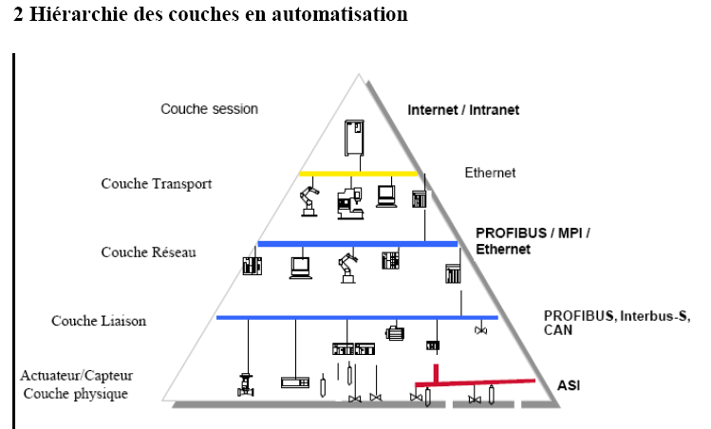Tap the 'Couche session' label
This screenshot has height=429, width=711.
point(209,109)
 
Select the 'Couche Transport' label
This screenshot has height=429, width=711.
point(157,183)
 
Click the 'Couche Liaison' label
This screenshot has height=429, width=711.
point(99,321)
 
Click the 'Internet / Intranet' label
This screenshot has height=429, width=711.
point(463,110)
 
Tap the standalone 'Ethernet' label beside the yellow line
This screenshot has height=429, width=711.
point(490,173)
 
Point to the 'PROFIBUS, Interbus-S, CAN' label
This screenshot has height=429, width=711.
point(616,323)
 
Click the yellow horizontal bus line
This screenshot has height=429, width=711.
point(358,174)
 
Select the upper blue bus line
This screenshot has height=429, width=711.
point(357,244)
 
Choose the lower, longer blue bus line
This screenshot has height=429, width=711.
point(356,317)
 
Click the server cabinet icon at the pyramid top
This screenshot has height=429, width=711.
point(355,137)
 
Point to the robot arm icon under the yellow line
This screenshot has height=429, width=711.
point(309,201)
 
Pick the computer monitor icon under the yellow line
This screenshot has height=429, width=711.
point(386,196)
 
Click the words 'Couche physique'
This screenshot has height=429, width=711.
point(76,393)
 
